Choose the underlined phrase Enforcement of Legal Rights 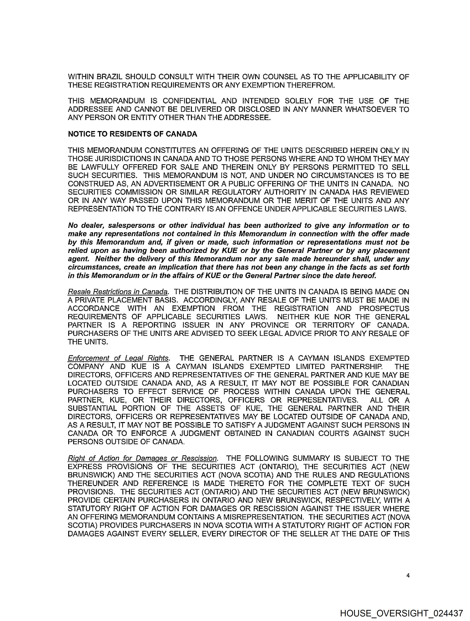click(x=118, y=359)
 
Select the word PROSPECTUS click(x=384, y=309)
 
